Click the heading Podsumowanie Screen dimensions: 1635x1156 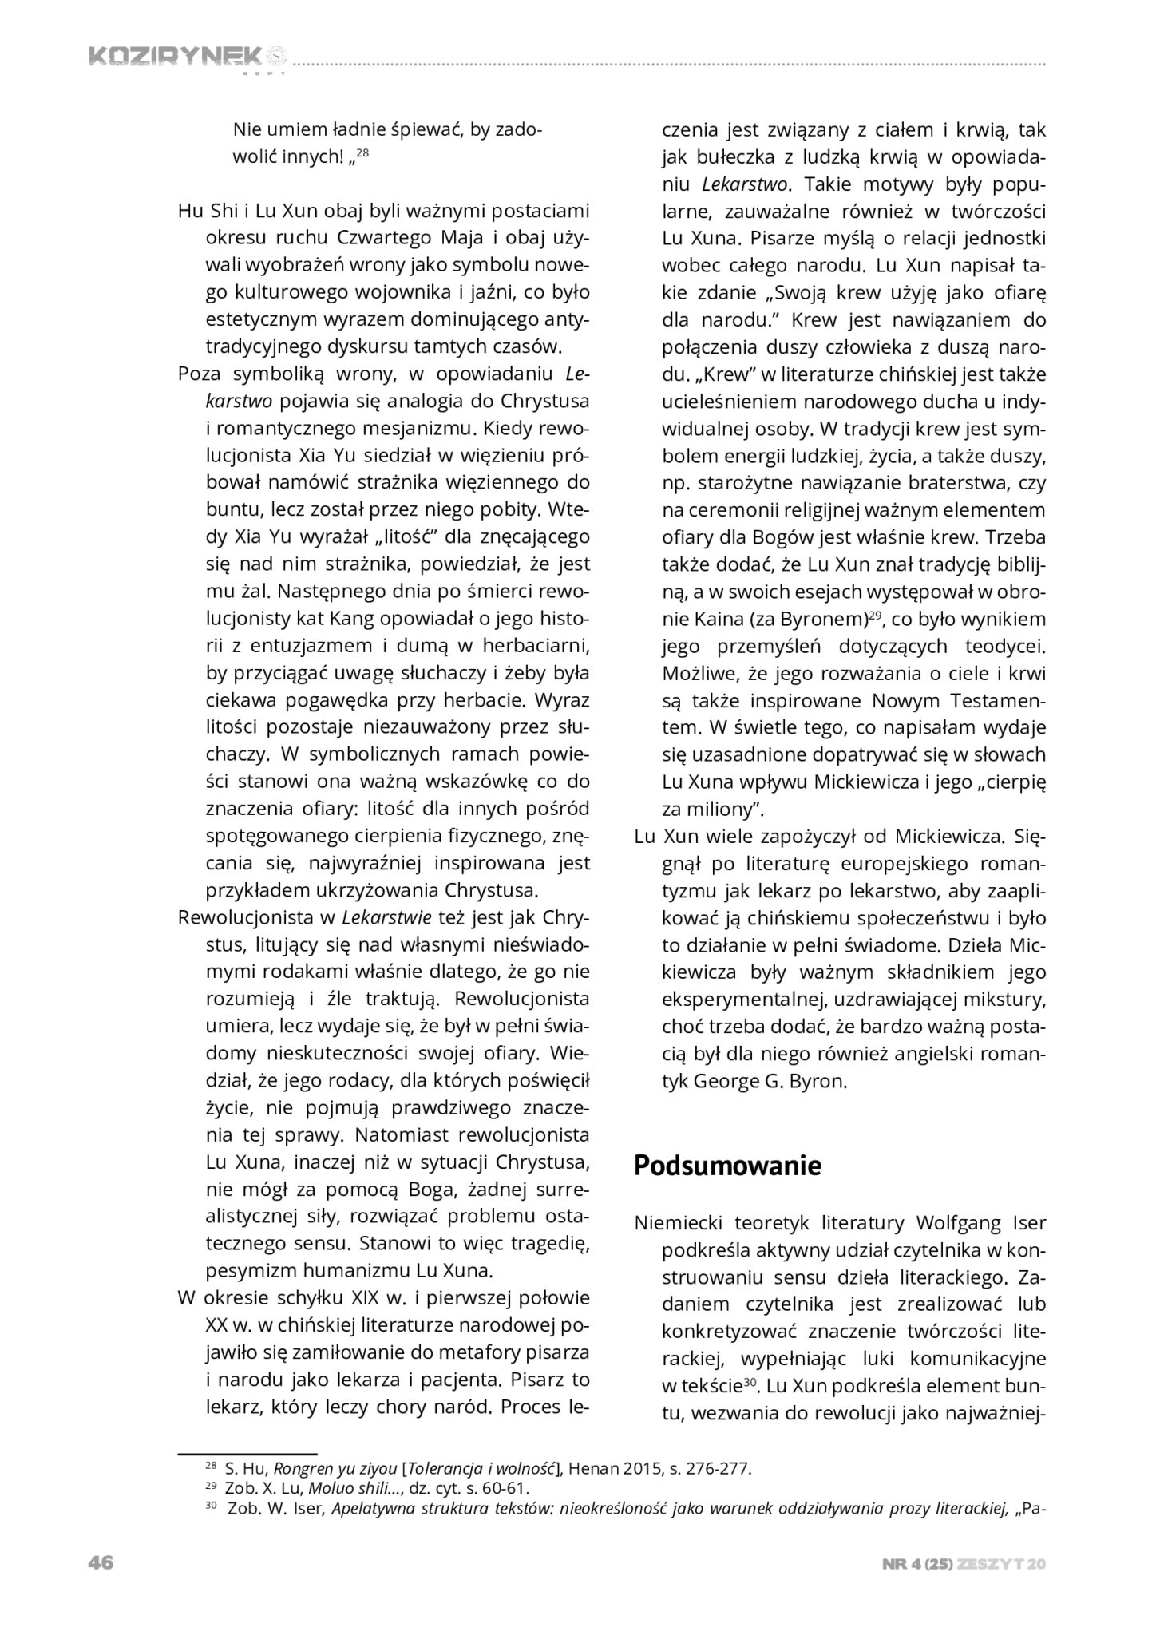click(727, 1166)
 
